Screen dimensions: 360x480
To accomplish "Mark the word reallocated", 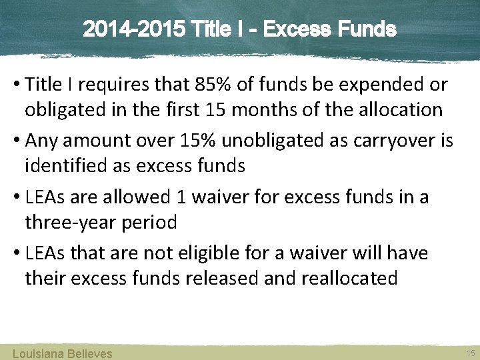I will (x=350, y=277).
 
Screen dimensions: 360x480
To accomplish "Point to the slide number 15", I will (x=471, y=352).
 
